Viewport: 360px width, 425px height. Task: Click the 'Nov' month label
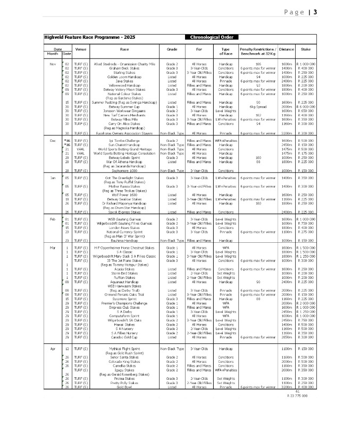[x=53, y=64]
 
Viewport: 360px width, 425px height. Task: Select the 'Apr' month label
[x=53, y=348]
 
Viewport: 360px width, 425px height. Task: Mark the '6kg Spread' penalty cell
[x=250, y=106]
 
